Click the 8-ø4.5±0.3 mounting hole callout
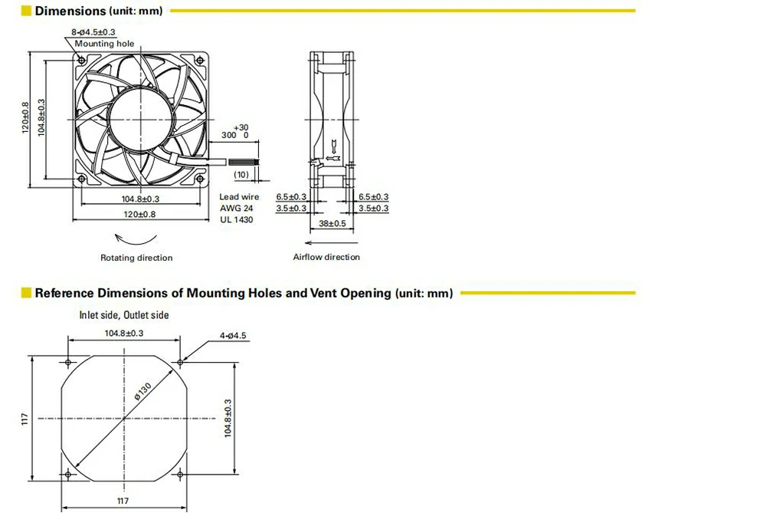point(93,32)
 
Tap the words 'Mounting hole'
point(104,44)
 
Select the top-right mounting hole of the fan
point(200,60)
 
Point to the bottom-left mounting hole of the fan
point(82,178)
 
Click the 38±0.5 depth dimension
point(332,223)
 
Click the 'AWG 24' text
point(236,209)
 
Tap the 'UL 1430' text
point(236,220)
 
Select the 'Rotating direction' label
point(136,258)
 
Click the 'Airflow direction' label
point(326,257)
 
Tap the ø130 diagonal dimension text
point(143,391)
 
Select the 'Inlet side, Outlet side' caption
point(124,315)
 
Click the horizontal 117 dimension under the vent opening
point(123,501)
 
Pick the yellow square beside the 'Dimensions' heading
point(26,11)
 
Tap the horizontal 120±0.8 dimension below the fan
point(139,215)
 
